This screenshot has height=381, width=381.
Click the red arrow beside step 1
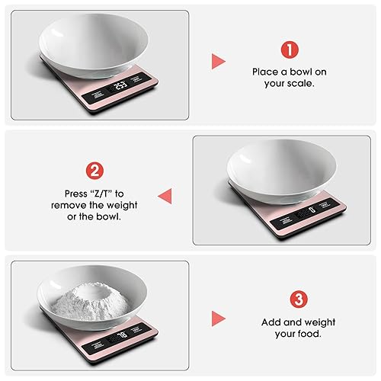coord(218,62)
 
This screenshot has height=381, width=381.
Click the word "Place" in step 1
coord(267,72)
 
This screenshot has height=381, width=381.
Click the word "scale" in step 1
coord(300,84)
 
